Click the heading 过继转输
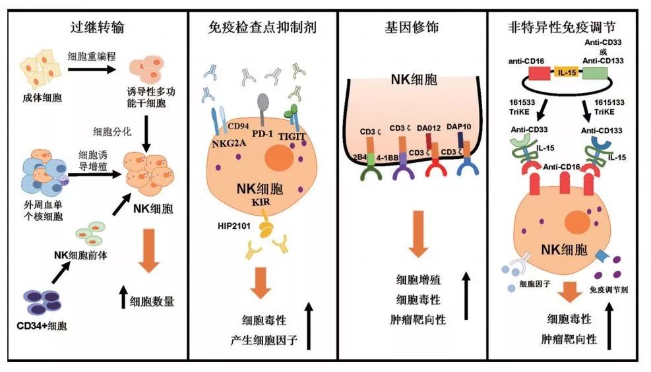coord(98,28)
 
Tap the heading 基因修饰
coord(411,28)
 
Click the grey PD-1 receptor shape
coord(263,104)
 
